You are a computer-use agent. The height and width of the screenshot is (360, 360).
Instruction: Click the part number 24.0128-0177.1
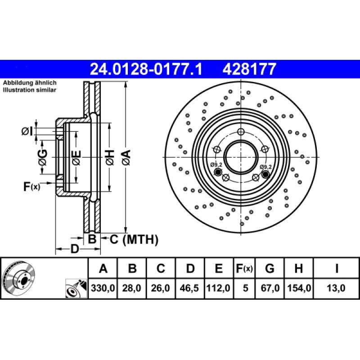coord(146,69)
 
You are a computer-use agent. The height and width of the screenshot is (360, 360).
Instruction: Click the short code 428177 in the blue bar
coord(247,69)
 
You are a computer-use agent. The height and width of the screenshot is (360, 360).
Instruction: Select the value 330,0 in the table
coord(103,287)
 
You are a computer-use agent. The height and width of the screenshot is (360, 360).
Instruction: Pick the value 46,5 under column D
coord(190,287)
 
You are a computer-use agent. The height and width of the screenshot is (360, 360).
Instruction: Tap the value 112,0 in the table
coord(219,287)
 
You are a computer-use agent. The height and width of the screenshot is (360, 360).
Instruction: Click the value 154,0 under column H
coord(298,287)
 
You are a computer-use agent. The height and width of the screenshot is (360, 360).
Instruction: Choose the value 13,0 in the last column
coord(337,287)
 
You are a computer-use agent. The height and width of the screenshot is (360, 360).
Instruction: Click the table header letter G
coord(270,269)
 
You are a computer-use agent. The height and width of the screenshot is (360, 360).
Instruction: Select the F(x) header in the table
coord(244,269)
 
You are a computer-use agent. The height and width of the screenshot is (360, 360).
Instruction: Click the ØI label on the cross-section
coord(27,131)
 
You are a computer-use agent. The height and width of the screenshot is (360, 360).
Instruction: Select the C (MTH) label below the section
coord(134,240)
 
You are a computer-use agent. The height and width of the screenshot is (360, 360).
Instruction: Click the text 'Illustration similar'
coord(30,90)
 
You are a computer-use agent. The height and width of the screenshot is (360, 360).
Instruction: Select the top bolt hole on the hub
coord(241,132)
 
